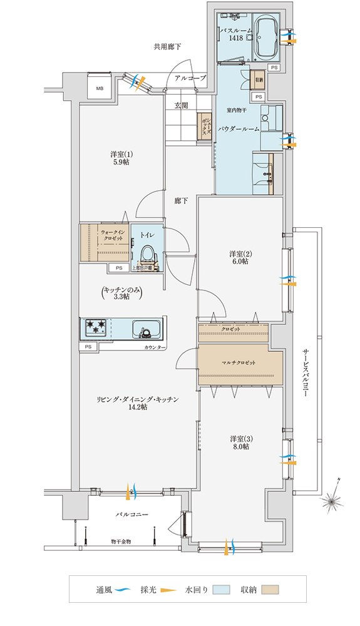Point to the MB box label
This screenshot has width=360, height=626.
(99, 90)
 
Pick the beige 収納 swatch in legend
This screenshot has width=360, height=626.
(270, 590)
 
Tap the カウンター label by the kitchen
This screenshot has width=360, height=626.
(155, 347)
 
